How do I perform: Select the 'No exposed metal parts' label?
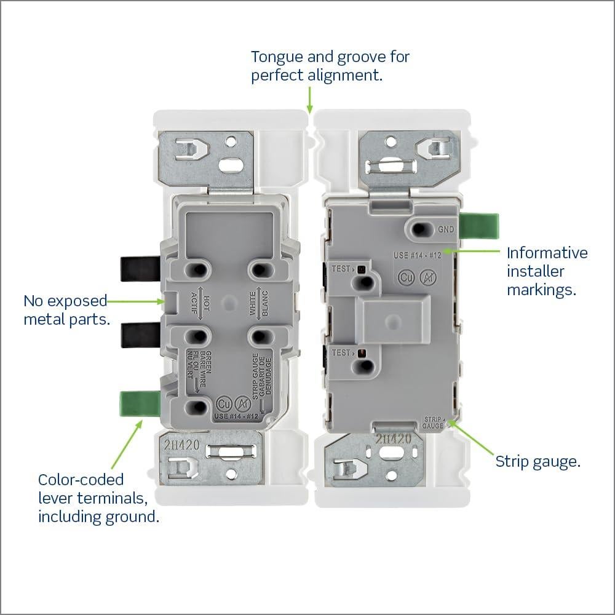coord(65,310)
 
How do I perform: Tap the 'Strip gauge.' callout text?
coord(538,461)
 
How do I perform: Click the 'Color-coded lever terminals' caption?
coord(98,498)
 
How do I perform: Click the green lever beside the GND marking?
coord(480,226)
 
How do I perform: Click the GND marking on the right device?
coord(446,229)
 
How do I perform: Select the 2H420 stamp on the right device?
coord(393,439)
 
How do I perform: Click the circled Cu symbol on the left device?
coord(224,404)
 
